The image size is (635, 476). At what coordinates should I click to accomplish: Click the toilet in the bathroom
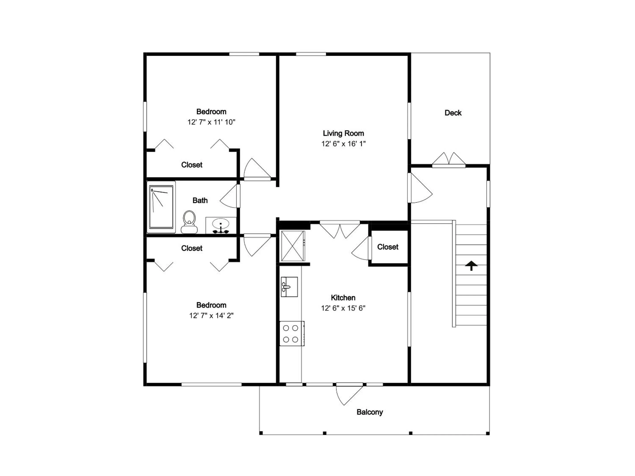189,222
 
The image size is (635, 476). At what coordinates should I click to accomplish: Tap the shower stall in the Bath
161,207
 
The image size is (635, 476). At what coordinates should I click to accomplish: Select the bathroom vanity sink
220,225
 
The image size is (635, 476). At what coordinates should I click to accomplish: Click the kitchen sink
289,287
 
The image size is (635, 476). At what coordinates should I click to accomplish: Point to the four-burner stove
291,333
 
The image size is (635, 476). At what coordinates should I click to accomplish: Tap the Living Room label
343,133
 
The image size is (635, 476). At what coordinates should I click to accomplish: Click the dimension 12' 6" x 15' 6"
343,308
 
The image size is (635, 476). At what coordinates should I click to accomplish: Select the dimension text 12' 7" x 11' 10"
211,122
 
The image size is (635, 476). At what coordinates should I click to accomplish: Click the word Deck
453,113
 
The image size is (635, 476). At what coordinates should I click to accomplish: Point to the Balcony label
370,412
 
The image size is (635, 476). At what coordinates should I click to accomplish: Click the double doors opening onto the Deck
449,160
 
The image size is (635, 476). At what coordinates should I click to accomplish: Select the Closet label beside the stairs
388,247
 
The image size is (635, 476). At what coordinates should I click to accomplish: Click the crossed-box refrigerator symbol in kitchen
293,246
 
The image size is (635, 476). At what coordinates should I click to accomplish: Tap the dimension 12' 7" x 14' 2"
211,316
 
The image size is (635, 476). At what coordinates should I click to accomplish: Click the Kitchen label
343,297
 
